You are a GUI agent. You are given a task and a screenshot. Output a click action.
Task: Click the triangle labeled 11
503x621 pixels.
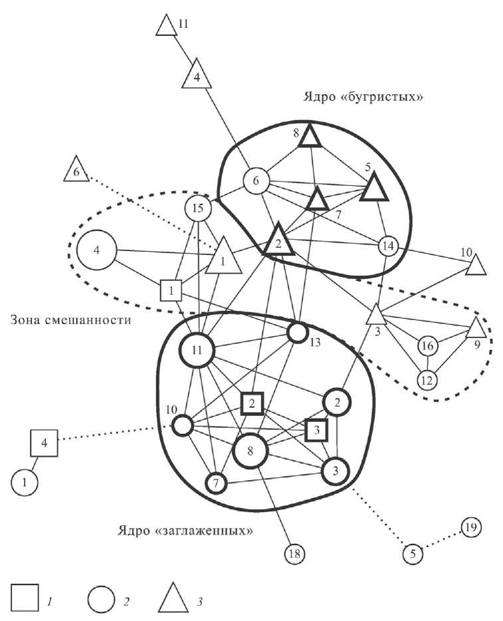165,25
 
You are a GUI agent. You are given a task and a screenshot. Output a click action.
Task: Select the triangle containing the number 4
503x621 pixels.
197,75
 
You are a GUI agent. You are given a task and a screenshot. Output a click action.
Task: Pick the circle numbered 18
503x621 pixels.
294,553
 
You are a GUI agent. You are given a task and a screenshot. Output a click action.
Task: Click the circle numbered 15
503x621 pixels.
197,208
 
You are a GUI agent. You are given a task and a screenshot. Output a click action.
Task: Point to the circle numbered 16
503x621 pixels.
429,346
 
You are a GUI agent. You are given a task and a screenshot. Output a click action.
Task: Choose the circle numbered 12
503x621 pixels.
427,380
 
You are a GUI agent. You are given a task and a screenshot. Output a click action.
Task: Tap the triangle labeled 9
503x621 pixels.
476,328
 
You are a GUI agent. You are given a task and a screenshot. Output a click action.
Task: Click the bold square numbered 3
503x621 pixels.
318,430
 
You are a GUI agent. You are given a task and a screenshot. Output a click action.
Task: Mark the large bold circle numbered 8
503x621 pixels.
251,451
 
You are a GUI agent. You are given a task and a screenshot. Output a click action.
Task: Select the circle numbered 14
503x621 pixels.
388,246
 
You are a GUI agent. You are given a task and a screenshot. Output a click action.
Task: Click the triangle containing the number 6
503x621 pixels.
76,172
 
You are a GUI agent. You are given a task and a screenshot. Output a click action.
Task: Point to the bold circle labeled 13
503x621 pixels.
298,333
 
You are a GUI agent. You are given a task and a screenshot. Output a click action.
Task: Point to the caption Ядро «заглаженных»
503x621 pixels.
186,531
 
